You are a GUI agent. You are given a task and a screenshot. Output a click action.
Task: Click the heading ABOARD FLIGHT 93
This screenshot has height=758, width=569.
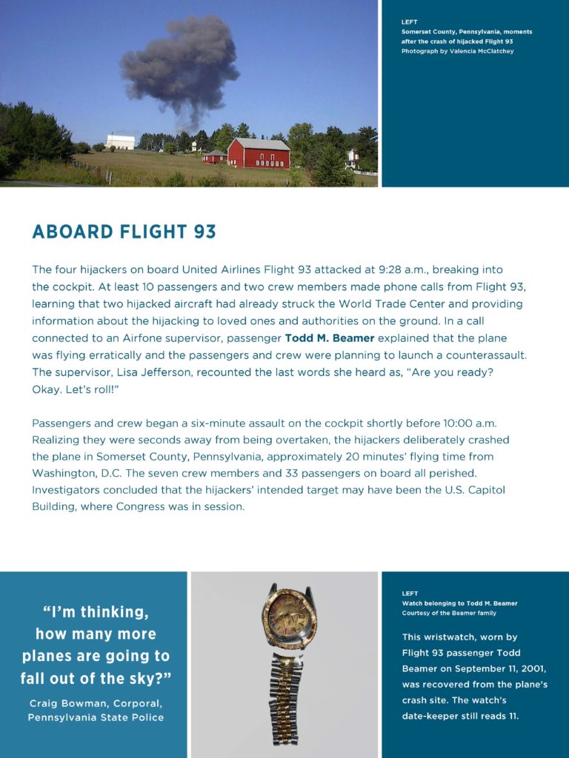[x=124, y=232]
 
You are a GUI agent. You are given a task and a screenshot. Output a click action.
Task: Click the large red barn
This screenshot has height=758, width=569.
[x=259, y=154]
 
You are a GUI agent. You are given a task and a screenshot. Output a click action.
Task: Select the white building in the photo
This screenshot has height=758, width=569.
[x=120, y=141]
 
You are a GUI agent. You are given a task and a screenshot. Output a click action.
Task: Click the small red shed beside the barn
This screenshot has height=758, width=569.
[x=215, y=157]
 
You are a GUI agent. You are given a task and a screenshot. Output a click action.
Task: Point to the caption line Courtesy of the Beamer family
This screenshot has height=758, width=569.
[x=449, y=613]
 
